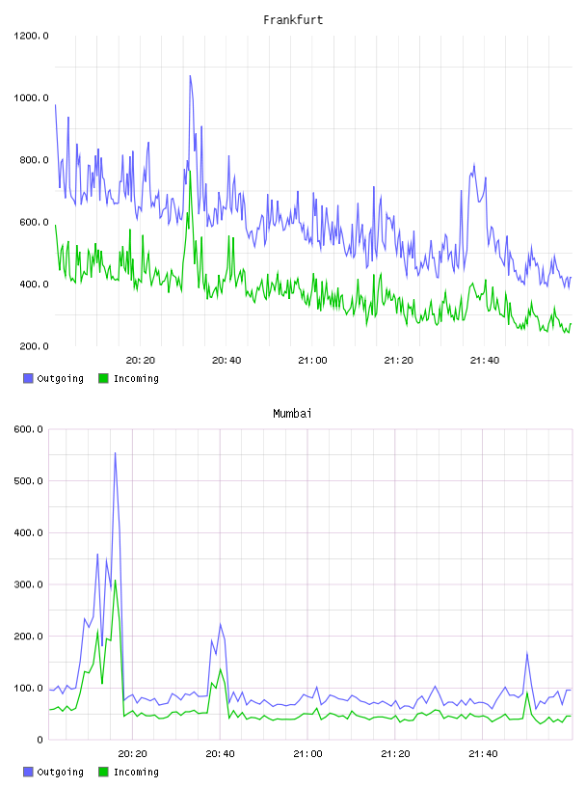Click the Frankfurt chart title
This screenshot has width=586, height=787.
tap(293, 20)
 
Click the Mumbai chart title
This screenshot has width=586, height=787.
tap(292, 414)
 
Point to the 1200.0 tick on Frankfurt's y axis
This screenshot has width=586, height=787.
tap(31, 36)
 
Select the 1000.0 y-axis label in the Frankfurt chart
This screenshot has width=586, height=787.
tap(31, 97)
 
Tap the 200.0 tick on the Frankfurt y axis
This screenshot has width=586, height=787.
tap(34, 346)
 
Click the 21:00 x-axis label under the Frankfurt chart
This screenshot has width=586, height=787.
tap(312, 361)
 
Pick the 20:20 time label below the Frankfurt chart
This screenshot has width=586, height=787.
tap(141, 361)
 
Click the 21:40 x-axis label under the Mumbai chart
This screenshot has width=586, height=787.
tap(483, 754)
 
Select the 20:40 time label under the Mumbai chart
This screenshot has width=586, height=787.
tap(221, 754)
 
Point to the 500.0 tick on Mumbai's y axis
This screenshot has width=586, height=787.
tap(29, 481)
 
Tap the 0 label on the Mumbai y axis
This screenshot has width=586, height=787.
tap(40, 740)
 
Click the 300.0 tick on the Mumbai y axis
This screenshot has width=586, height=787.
tap(29, 584)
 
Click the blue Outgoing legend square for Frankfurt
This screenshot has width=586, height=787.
tap(28, 378)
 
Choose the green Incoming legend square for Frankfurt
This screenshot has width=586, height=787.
tap(103, 378)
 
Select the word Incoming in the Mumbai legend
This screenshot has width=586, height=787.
tap(136, 773)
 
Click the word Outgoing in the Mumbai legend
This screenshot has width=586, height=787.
tap(60, 773)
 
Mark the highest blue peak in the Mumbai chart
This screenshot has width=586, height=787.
tap(115, 453)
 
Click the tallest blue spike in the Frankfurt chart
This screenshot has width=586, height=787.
tap(190, 76)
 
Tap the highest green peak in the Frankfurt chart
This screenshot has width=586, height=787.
tap(190, 172)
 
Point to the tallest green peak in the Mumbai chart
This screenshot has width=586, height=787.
tap(115, 581)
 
